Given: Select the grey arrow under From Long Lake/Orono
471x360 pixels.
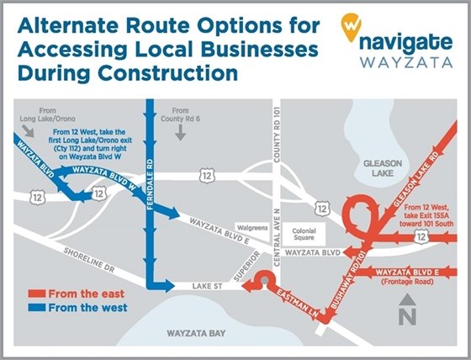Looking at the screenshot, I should point(27,132).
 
